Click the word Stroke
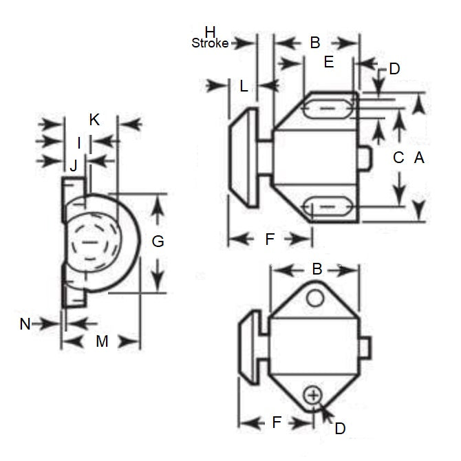pyautogui.click(x=210, y=43)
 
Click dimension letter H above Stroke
pyautogui.click(x=211, y=31)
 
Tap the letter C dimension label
pyautogui.click(x=398, y=158)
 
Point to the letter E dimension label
pyautogui.click(x=328, y=63)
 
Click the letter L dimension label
pyautogui.click(x=244, y=86)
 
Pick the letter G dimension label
pyautogui.click(x=158, y=242)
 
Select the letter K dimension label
pyautogui.click(x=95, y=119)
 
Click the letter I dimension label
pyautogui.click(x=79, y=142)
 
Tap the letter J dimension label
pyautogui.click(x=74, y=165)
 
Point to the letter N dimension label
pyautogui.click(x=25, y=324)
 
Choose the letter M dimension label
pyautogui.click(x=102, y=341)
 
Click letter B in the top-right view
pyautogui.click(x=314, y=43)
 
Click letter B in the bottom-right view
pyautogui.click(x=317, y=269)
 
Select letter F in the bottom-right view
pyautogui.click(x=277, y=422)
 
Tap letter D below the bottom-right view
pyautogui.click(x=339, y=428)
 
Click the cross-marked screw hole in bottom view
pyautogui.click(x=313, y=395)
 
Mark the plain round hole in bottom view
pyautogui.click(x=314, y=297)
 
